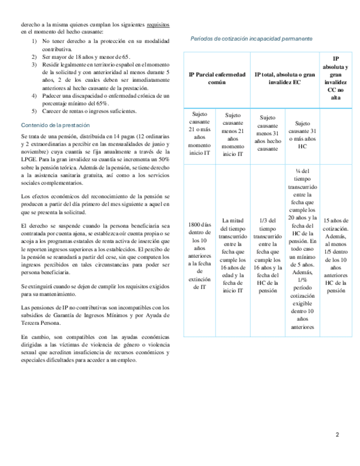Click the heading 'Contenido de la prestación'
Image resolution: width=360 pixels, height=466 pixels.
[x=51, y=125]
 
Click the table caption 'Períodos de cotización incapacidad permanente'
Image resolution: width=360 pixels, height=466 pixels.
[x=252, y=39]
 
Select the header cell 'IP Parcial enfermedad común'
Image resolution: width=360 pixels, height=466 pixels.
[x=217, y=77]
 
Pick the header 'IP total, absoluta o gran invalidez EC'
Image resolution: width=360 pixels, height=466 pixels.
[x=285, y=77]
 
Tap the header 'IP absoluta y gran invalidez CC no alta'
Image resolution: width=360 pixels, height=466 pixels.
[x=335, y=77]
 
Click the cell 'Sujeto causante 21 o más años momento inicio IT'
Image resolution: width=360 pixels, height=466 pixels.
[x=199, y=134]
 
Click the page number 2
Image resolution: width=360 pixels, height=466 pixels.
[x=337, y=435]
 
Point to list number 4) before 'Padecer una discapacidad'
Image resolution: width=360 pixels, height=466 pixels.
[x=34, y=96]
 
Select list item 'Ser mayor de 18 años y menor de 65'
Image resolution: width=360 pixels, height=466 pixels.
[x=86, y=57]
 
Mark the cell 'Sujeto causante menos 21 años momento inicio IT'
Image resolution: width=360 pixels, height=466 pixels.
[x=233, y=134]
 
